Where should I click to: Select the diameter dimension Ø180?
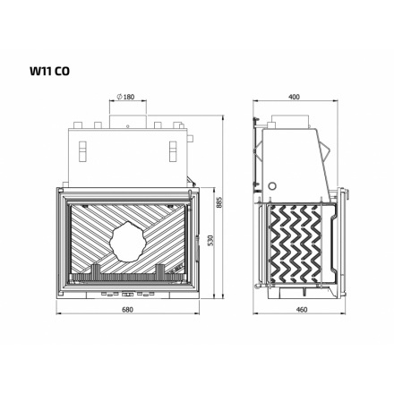coord(126,96)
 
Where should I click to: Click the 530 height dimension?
coord(210,241)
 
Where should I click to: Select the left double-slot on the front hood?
coord(81,148)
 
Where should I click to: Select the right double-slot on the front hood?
coord(172,148)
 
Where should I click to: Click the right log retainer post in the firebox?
coord(160,269)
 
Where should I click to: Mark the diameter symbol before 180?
coord(120,96)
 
